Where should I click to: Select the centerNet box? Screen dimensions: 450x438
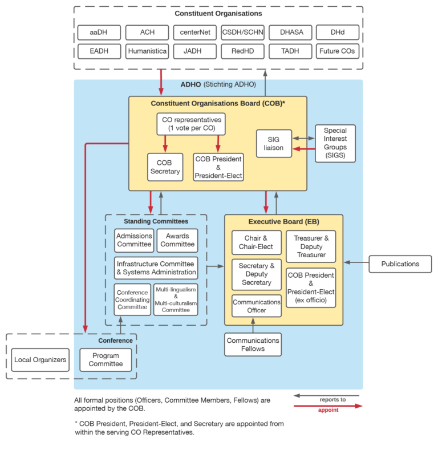(194, 33)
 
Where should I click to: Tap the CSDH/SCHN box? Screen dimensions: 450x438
(242, 33)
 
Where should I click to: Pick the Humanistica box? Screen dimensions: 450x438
(147, 51)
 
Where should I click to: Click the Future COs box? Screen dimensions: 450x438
(337, 51)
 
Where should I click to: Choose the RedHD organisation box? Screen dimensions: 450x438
(242, 51)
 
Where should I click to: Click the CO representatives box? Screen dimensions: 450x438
(190, 124)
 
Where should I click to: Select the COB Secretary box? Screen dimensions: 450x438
(165, 167)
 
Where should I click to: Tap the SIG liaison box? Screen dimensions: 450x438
(274, 144)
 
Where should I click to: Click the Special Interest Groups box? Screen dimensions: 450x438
(335, 143)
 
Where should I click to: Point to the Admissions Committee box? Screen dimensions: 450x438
(135, 240)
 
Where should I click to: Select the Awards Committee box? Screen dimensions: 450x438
(177, 240)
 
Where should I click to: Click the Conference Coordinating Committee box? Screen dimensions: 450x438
(132, 299)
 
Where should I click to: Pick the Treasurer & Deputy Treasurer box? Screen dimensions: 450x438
(311, 246)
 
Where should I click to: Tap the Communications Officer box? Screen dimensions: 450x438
(257, 306)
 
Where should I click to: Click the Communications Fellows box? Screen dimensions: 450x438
(253, 344)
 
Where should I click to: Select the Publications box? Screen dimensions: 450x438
(400, 263)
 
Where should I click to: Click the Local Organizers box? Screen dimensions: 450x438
(40, 360)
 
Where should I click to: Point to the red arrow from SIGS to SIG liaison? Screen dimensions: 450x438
(303, 149)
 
